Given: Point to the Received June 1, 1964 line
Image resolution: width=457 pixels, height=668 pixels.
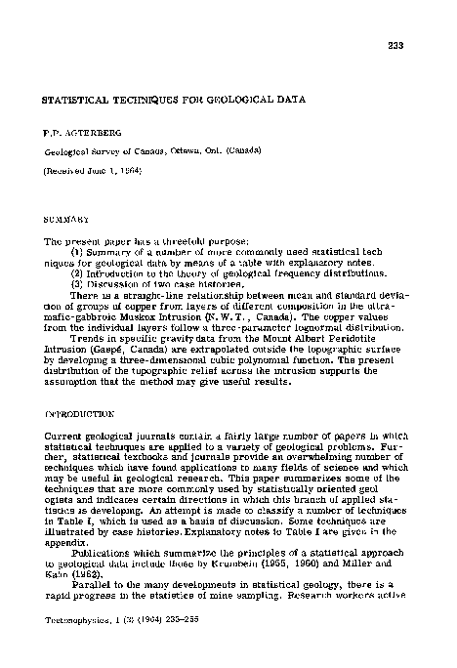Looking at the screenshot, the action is click(x=93, y=171).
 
